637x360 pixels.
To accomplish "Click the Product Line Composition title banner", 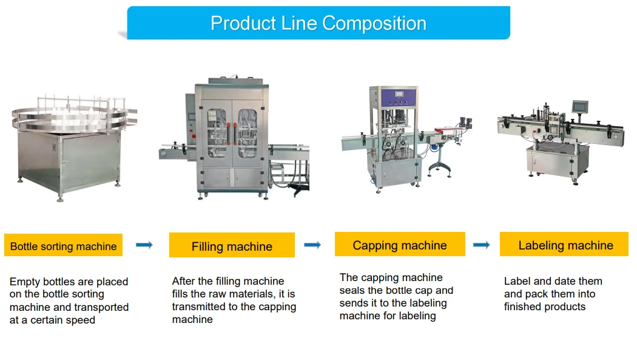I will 318,23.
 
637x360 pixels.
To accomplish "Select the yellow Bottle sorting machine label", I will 63,246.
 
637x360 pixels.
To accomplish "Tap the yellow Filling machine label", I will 232,246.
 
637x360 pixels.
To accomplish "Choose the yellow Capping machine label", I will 400,245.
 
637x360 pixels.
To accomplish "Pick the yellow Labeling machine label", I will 565,245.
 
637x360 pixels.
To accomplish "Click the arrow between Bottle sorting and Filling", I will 144,245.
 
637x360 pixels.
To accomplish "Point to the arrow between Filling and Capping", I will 312,245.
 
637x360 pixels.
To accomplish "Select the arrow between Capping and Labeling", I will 481,245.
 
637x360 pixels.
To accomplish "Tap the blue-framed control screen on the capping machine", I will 398,96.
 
